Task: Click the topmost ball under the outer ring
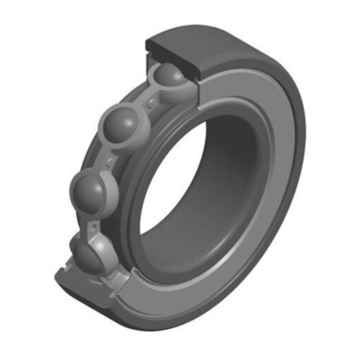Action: (169, 76)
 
